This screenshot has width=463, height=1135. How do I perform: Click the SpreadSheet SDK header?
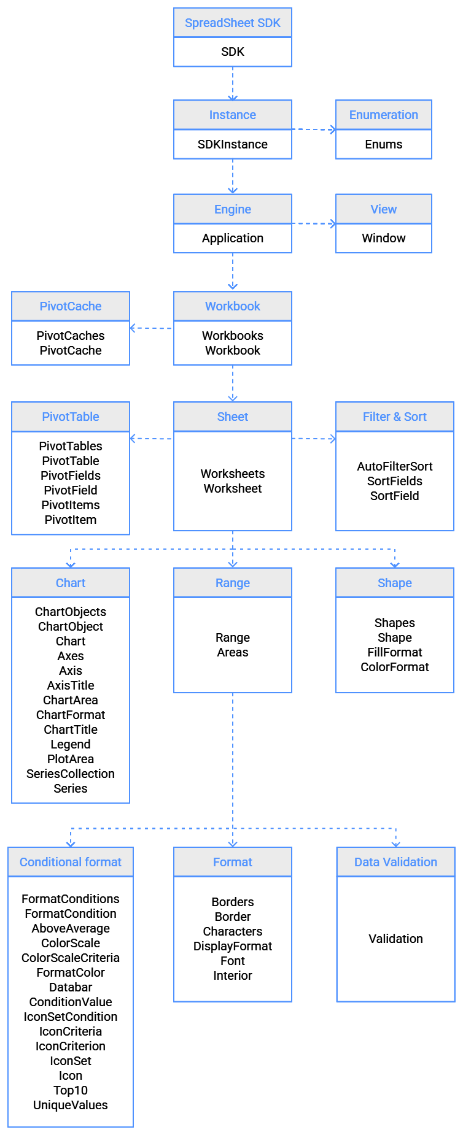pos(232,23)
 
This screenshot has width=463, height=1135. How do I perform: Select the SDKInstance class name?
pos(232,144)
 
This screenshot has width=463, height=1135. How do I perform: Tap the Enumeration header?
pos(383,115)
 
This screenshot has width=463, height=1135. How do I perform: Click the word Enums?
pos(383,144)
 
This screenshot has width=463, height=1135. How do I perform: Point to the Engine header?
pos(232,209)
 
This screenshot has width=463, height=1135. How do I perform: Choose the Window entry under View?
pos(383,238)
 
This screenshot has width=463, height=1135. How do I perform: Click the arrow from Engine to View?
pos(314,223)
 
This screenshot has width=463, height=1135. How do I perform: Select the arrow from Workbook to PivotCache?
pos(151,328)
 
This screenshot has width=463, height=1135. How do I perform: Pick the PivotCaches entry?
pos(71,336)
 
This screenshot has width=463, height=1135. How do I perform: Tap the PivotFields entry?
pos(71,475)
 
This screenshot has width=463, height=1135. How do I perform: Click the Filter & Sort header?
pos(394,417)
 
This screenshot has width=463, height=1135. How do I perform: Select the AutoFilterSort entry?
pos(394,466)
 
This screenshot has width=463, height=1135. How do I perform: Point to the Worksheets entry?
pos(232,474)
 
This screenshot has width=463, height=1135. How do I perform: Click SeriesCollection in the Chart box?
pos(71,774)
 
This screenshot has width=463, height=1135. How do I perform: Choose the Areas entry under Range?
pos(232,652)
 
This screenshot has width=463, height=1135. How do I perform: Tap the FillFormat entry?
pos(394,652)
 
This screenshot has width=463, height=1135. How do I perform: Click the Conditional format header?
pos(71,862)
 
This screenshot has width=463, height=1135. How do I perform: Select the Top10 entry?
pos(71,1090)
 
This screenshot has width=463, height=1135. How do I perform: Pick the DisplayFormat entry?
pos(232,946)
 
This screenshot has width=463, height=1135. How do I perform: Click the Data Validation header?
pos(395,862)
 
